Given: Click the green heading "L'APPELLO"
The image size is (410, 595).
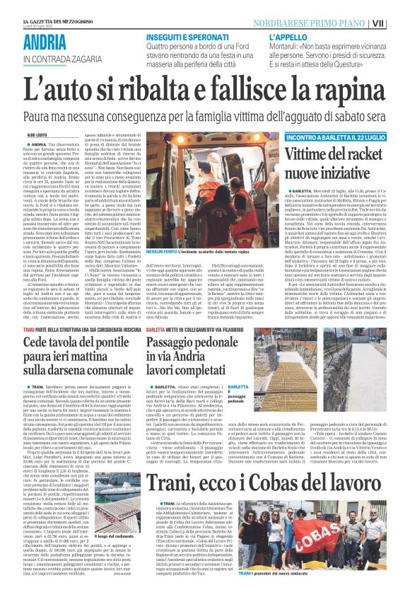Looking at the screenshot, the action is point(287,37).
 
